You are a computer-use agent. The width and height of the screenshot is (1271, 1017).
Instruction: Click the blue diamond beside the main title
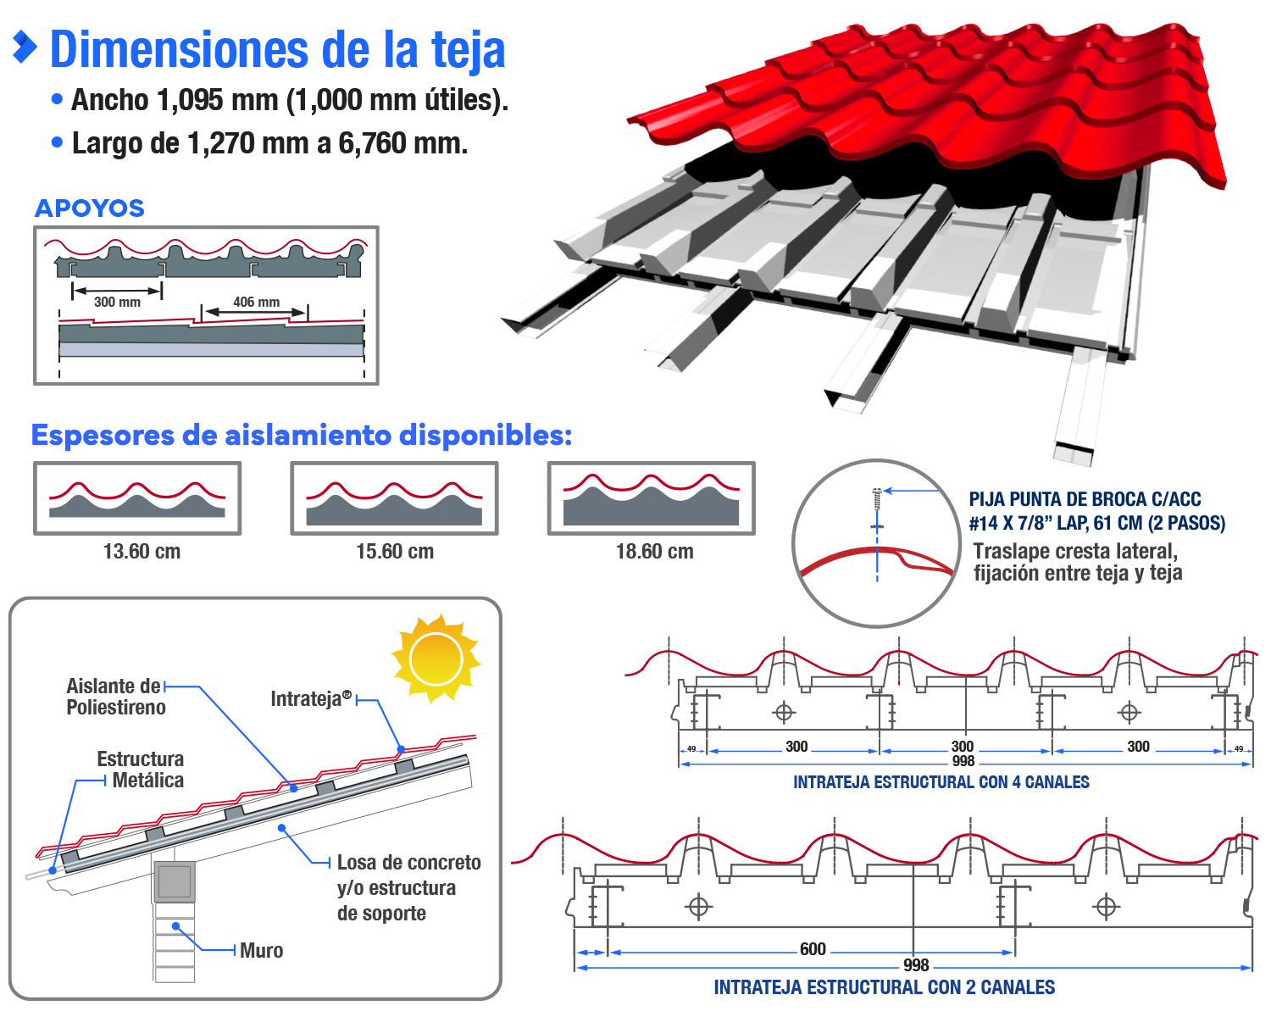pyautogui.click(x=25, y=47)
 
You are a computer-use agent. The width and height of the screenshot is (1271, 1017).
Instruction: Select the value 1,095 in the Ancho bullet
pyautogui.click(x=194, y=100)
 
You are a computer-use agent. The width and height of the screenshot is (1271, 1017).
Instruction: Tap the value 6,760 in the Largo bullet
pyautogui.click(x=372, y=143)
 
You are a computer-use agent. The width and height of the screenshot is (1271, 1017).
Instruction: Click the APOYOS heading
pyautogui.click(x=90, y=208)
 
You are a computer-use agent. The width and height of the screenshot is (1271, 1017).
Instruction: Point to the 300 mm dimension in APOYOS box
pyautogui.click(x=117, y=302)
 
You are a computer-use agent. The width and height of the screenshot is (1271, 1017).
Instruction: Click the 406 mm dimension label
pyautogui.click(x=256, y=302)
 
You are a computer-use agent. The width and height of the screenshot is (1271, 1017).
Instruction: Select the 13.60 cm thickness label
pyautogui.click(x=142, y=552)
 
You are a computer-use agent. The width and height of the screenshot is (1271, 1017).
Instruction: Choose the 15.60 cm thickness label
pyautogui.click(x=395, y=552)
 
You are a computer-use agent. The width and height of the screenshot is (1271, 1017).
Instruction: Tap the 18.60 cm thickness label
pyautogui.click(x=654, y=552)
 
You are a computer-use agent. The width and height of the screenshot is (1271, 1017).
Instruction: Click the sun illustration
pyautogui.click(x=436, y=659)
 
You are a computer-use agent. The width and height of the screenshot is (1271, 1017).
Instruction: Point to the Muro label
pyautogui.click(x=261, y=951)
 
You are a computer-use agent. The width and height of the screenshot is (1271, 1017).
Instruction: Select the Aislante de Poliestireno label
pyautogui.click(x=114, y=697)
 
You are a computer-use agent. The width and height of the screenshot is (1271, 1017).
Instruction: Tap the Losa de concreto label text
pyautogui.click(x=408, y=863)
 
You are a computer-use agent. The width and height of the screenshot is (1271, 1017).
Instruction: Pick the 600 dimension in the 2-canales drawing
pyautogui.click(x=812, y=949)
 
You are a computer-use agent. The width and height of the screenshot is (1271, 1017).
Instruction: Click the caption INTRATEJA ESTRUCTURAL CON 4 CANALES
pyautogui.click(x=941, y=782)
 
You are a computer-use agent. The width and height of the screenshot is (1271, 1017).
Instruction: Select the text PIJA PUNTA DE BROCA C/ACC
pyautogui.click(x=1085, y=500)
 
